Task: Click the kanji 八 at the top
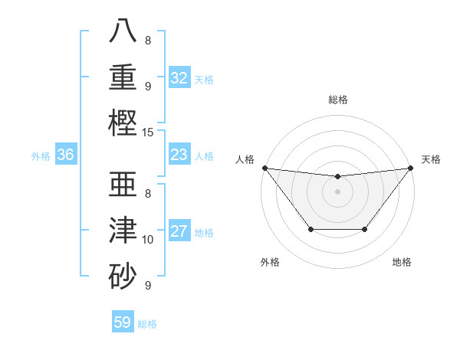click(x=124, y=31)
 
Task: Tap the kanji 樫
click(x=124, y=123)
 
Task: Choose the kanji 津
click(x=124, y=231)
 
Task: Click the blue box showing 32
click(x=179, y=78)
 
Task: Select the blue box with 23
click(x=179, y=155)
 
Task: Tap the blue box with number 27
click(x=179, y=232)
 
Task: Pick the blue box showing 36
click(x=65, y=155)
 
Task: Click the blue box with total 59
click(x=123, y=322)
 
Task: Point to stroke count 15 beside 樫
click(x=148, y=132)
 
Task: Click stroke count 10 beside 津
click(x=148, y=240)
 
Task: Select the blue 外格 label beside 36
click(x=41, y=156)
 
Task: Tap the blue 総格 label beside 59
click(x=147, y=323)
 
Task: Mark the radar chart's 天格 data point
click(x=411, y=168)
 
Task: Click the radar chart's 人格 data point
click(x=264, y=168)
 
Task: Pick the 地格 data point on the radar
click(x=365, y=229)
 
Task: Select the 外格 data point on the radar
click(x=310, y=229)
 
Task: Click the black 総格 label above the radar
click(x=338, y=100)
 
